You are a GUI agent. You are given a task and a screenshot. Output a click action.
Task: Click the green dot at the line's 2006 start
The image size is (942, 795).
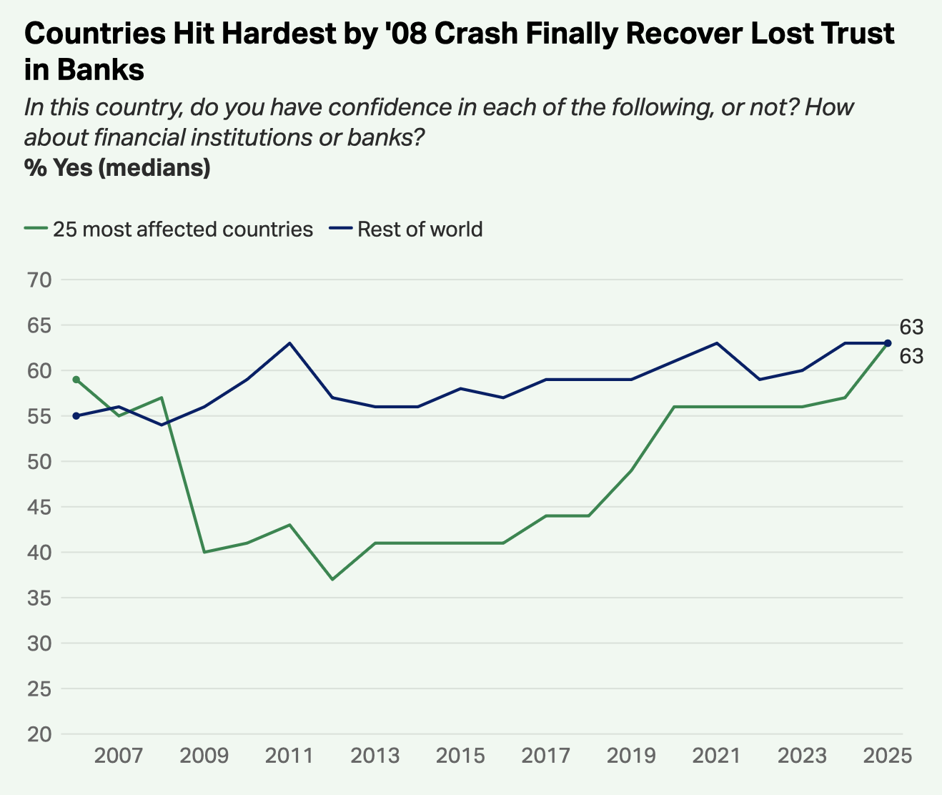76,380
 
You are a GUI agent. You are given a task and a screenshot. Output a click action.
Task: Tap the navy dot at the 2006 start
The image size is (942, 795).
76,416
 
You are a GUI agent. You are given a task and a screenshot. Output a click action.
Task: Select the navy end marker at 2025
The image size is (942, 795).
888,343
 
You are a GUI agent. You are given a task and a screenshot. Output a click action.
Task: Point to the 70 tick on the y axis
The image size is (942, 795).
40,280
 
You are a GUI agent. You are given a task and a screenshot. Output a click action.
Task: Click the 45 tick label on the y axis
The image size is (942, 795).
40,507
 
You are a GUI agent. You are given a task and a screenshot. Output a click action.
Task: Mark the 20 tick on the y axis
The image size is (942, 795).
40,734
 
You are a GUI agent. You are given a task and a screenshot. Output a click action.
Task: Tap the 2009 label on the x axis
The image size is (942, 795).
204,756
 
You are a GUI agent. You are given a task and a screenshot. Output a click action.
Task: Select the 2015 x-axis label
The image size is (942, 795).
461,756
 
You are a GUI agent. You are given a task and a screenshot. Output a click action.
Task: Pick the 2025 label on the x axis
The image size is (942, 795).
888,756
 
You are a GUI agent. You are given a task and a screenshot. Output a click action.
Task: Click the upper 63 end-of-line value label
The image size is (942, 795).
911,327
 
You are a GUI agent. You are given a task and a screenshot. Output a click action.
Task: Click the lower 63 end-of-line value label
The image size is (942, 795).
911,356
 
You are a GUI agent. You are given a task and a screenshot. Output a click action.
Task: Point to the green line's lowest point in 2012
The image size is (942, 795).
332,579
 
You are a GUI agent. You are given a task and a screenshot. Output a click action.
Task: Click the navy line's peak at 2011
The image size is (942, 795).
289,343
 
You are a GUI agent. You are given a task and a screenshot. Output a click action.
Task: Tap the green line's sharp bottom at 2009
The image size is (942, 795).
204,552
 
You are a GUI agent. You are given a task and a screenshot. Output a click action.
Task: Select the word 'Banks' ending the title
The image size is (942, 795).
100,70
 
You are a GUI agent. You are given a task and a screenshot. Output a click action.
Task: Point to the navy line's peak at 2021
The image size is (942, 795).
717,343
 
